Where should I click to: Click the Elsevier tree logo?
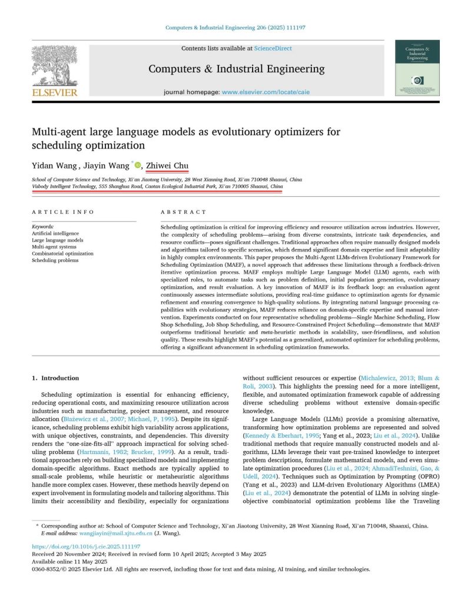tap(54, 65)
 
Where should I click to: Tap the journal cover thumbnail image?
tap(417, 68)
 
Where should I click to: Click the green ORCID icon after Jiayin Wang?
tap(138, 165)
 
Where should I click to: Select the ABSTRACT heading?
tap(184, 212)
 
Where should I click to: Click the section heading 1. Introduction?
tap(55, 378)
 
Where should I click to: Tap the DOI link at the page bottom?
tap(85, 546)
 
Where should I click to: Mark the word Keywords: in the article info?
tap(44, 227)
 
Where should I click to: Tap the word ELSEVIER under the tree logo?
tap(54, 92)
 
